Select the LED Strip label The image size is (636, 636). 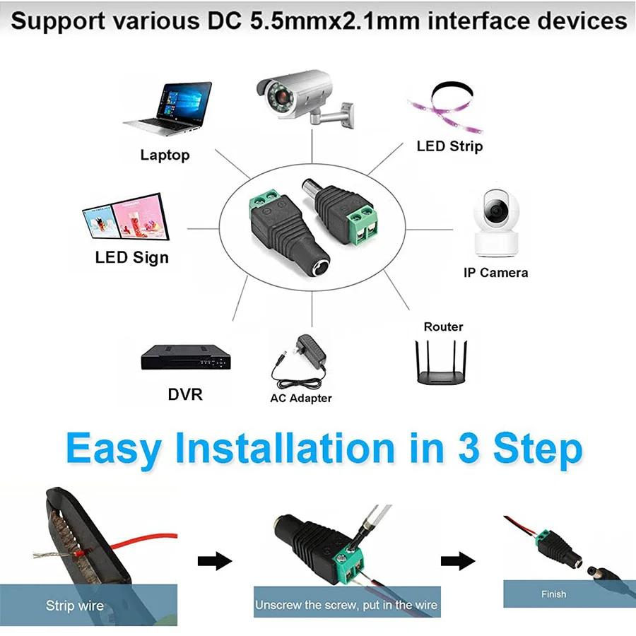click(449, 146)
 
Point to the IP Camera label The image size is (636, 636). click(495, 272)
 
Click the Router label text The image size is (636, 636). click(443, 326)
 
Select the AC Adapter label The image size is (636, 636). click(300, 398)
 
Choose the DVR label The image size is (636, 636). click(185, 394)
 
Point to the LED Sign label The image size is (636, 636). click(132, 257)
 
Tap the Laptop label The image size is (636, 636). click(165, 155)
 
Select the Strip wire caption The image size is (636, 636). click(74, 605)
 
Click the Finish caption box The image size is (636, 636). click(553, 594)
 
